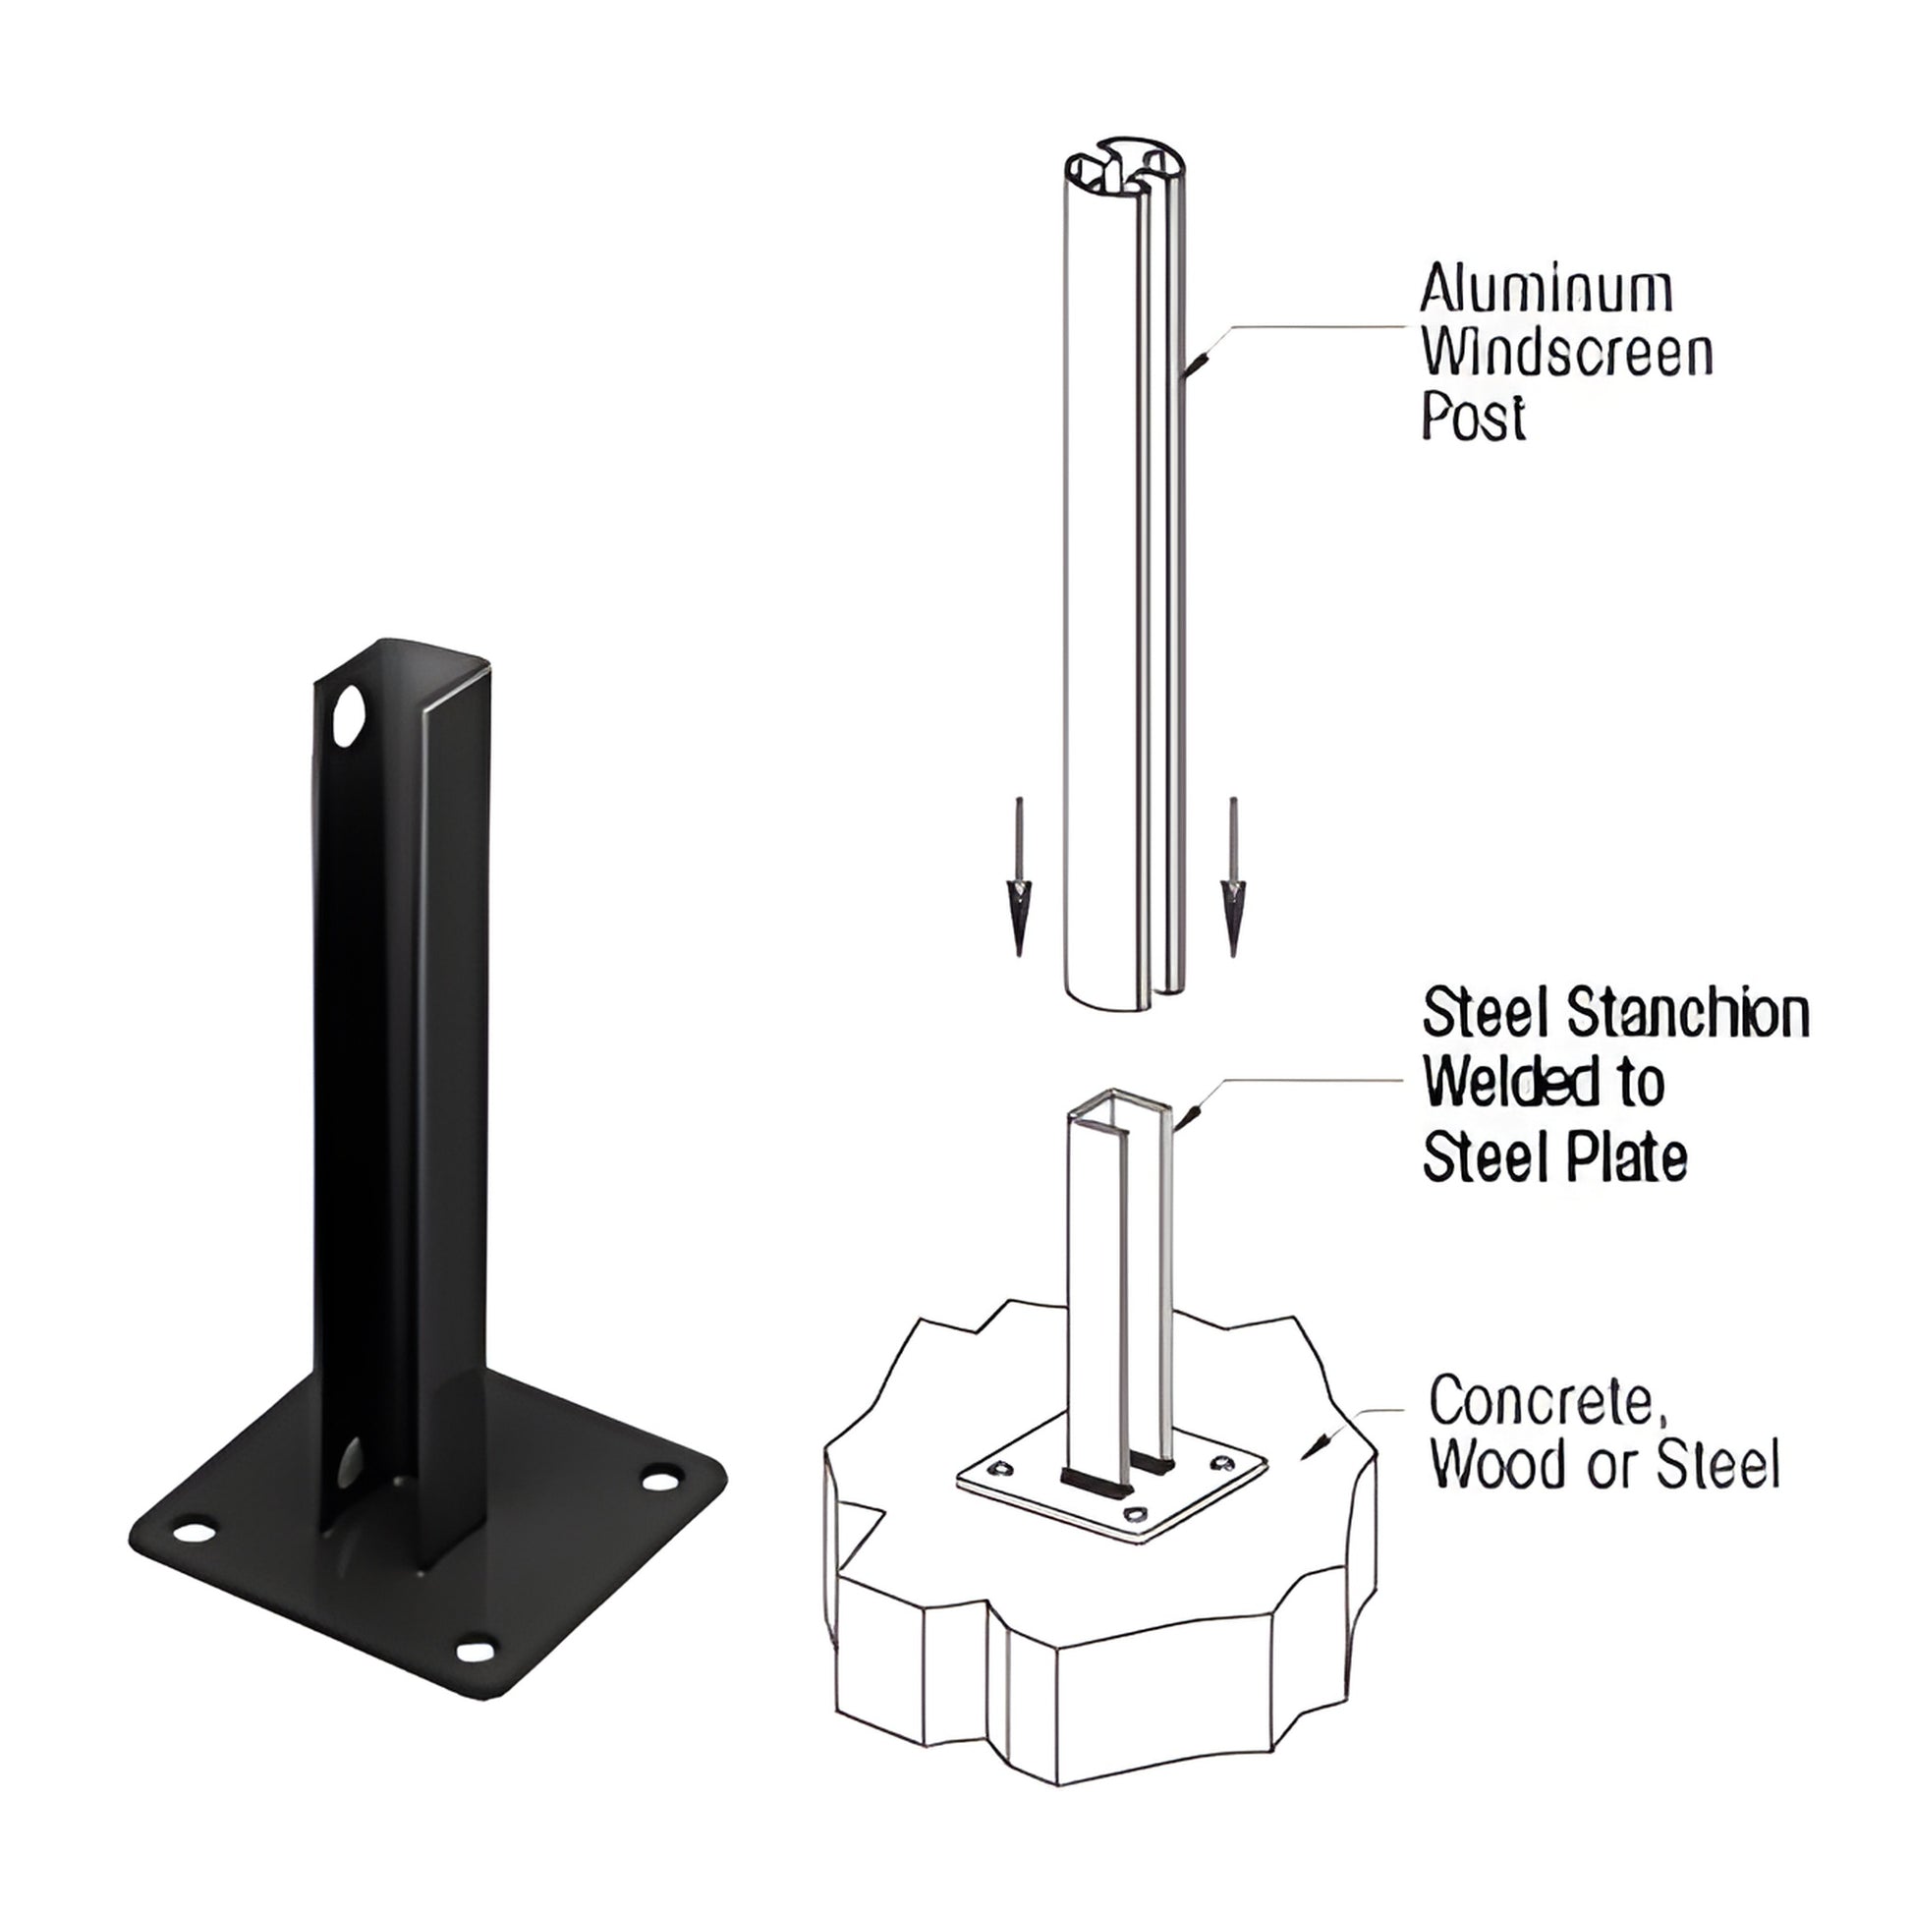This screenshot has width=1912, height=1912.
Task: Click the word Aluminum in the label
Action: click(x=1546, y=289)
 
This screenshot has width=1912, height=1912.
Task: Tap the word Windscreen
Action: click(x=1566, y=354)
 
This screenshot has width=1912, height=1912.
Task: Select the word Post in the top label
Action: click(x=1474, y=417)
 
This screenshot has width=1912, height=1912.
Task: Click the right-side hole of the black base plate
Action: click(x=661, y=1481)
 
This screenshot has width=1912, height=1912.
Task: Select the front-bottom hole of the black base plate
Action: click(x=476, y=1651)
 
